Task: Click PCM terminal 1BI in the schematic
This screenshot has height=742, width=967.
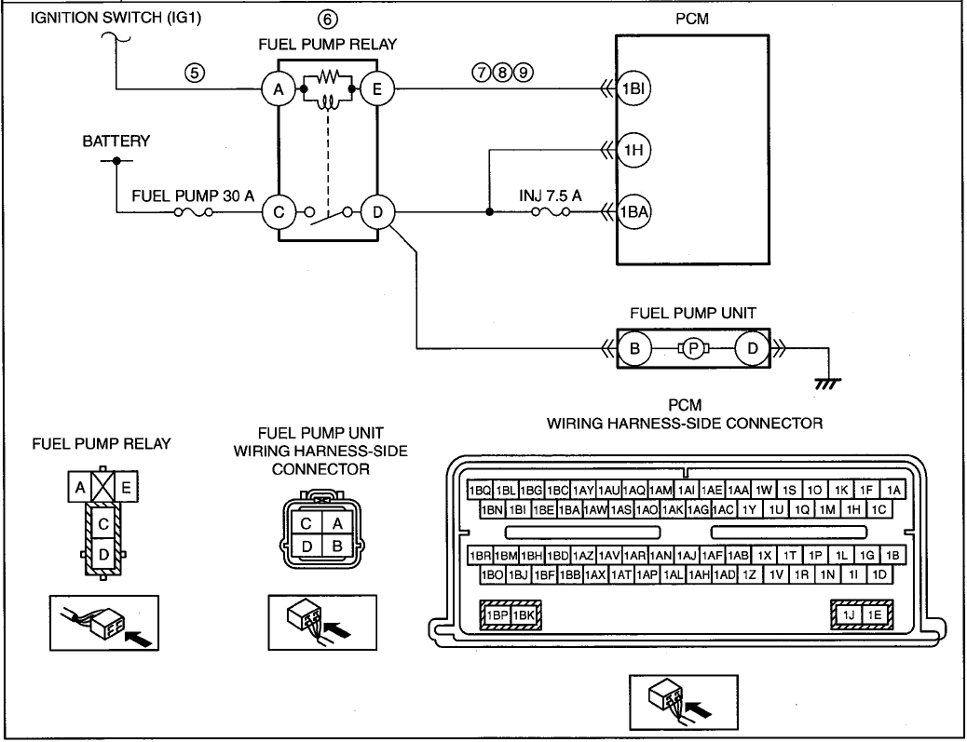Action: click(x=633, y=88)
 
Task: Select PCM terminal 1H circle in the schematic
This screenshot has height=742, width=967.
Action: click(x=633, y=150)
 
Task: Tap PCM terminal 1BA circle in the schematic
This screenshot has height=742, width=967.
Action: click(x=633, y=212)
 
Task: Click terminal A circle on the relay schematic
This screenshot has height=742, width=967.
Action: click(x=279, y=89)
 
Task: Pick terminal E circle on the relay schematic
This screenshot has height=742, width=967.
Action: click(x=376, y=89)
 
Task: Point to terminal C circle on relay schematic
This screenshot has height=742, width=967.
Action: click(x=279, y=212)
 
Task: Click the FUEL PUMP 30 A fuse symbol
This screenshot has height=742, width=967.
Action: click(x=193, y=212)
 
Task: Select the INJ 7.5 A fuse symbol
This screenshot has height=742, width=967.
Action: click(x=550, y=212)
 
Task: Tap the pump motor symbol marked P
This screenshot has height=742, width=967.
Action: click(x=693, y=349)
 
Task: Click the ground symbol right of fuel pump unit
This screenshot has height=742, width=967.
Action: click(x=827, y=384)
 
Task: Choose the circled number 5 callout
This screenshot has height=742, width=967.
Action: click(x=195, y=73)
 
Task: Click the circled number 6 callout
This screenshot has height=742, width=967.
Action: click(x=328, y=20)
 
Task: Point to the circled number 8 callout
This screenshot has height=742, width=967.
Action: click(x=503, y=73)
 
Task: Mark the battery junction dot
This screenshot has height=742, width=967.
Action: click(x=116, y=161)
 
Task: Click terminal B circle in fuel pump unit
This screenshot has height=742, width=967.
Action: click(x=634, y=348)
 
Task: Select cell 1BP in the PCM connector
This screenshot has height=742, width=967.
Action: click(x=497, y=615)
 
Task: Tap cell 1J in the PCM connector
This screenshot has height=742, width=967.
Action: click(x=849, y=615)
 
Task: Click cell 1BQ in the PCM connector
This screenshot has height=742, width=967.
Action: click(x=479, y=491)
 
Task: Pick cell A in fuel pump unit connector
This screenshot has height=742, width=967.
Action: click(x=336, y=524)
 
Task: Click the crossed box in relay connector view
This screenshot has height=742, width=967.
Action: click(x=103, y=487)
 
